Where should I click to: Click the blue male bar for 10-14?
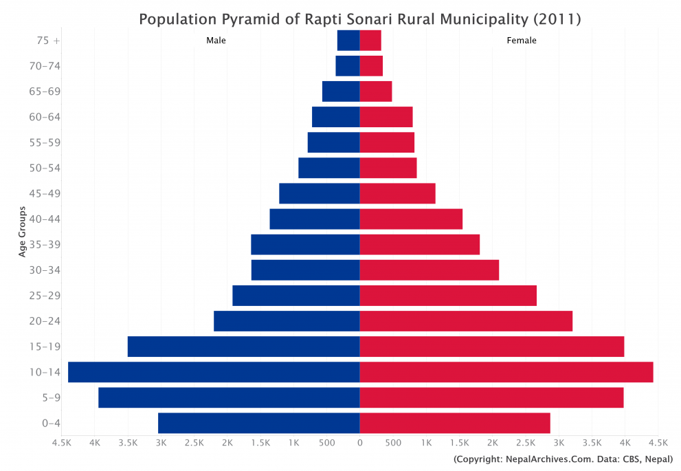[x=214, y=372]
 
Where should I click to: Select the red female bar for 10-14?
[x=506, y=372]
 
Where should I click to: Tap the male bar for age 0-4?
[x=258, y=423]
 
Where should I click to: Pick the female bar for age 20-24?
[x=466, y=321]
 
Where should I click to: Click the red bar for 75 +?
[x=370, y=41]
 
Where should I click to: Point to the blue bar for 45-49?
[x=319, y=193]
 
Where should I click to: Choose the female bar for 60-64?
[x=386, y=117]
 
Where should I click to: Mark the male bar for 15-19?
[x=243, y=347]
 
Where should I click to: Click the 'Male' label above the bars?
[x=216, y=41]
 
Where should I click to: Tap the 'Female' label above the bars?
[x=522, y=41]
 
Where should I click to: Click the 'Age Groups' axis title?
[x=23, y=232]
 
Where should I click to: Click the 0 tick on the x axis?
[x=359, y=443]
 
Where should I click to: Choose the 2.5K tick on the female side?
[x=526, y=443]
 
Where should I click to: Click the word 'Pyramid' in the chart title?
[x=257, y=19]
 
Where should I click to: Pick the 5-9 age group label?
[x=52, y=397]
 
